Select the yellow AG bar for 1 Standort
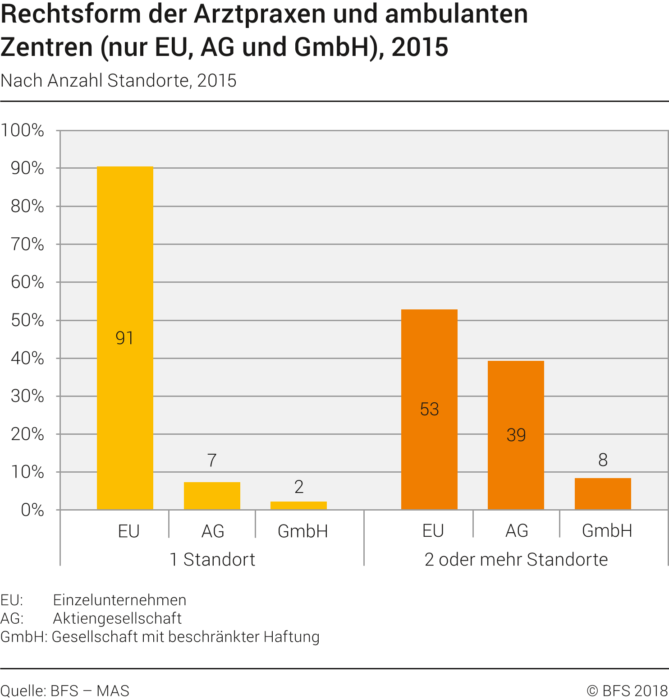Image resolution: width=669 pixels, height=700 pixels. [212, 496]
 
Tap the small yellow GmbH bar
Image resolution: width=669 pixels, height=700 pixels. [298, 506]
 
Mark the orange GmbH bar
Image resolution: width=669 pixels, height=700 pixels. [603, 493]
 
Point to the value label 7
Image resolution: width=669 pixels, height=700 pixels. [212, 461]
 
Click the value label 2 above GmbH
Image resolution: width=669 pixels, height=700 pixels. [298, 487]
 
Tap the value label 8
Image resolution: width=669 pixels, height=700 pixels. [603, 460]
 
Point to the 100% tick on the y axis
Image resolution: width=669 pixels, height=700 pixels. [23, 131]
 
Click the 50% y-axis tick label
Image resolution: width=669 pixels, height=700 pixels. [27, 321]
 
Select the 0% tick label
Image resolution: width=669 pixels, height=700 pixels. [32, 510]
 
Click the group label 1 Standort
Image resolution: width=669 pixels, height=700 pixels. [212, 560]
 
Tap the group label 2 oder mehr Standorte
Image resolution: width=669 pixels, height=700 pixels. [516, 560]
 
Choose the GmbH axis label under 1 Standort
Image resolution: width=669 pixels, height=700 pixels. [302, 531]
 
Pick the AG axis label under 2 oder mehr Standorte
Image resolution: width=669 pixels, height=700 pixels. [517, 531]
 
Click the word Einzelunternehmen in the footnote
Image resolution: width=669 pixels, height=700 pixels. [119, 600]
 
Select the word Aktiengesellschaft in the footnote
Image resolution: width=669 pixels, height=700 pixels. [117, 618]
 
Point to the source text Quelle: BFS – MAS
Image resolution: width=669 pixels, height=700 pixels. [65, 691]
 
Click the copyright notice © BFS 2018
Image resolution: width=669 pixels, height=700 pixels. [627, 691]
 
